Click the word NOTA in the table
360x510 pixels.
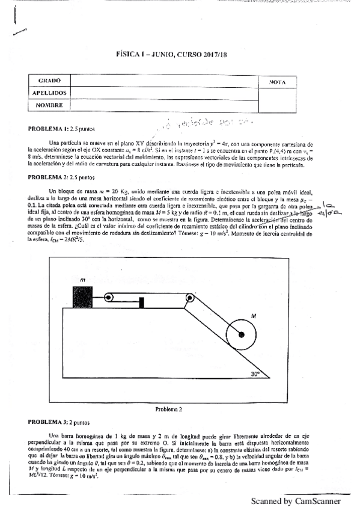pyautogui.click(x=277, y=82)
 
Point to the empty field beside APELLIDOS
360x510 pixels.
pyautogui.click(x=163, y=93)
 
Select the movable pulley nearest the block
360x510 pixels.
pyautogui.click(x=109, y=297)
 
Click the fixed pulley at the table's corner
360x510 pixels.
pyautogui.click(x=189, y=297)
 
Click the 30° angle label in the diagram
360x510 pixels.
pyautogui.click(x=258, y=373)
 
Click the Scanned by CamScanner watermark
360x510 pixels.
pyautogui.click(x=296, y=501)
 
